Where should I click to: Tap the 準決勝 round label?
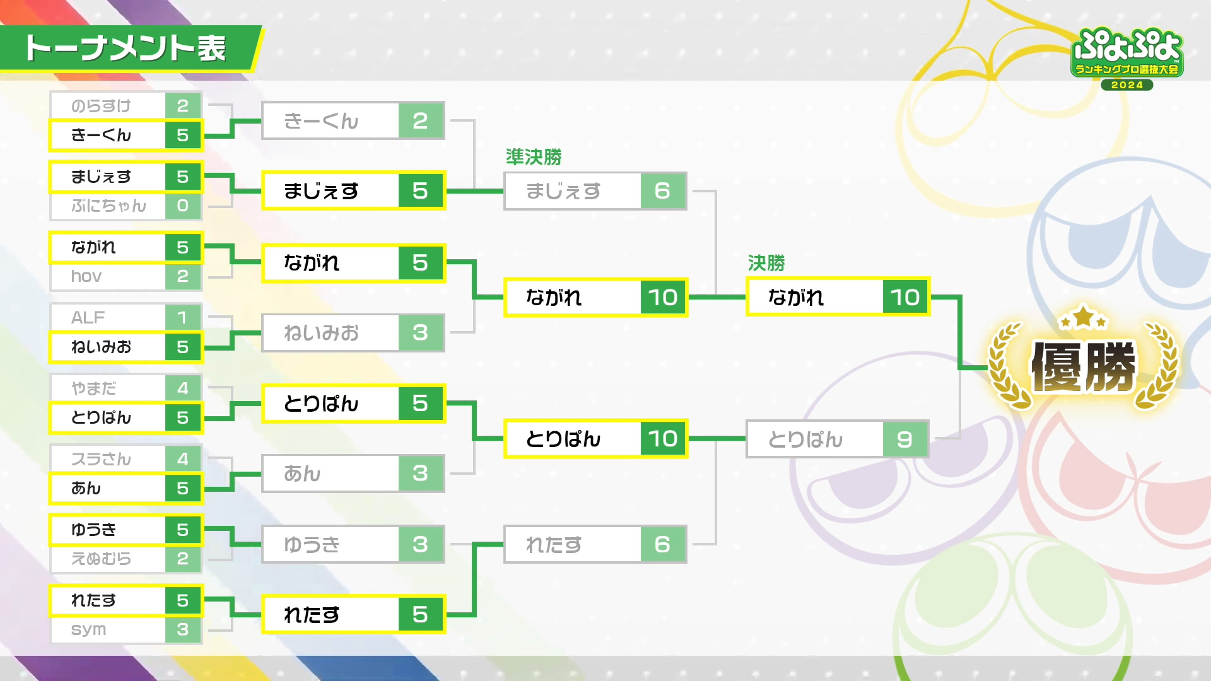(x=534, y=157)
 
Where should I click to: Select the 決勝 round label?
(x=766, y=263)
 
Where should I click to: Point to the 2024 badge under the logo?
(x=1126, y=85)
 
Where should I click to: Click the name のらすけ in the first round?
(x=101, y=106)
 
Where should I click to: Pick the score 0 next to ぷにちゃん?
(x=183, y=206)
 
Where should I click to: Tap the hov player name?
(x=86, y=276)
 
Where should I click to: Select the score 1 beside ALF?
(x=183, y=317)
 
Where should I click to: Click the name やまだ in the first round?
(x=94, y=388)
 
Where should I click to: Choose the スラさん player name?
(x=101, y=459)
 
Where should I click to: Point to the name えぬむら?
(x=101, y=559)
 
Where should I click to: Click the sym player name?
(x=88, y=629)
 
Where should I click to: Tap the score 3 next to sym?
(x=183, y=629)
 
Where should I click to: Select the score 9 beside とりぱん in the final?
(x=904, y=439)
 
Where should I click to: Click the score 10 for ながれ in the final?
(x=905, y=297)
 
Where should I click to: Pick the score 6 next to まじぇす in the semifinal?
(x=662, y=190)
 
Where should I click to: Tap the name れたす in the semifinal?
(x=554, y=544)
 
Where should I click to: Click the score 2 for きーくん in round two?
(x=420, y=120)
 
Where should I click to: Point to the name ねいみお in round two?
(x=321, y=332)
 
